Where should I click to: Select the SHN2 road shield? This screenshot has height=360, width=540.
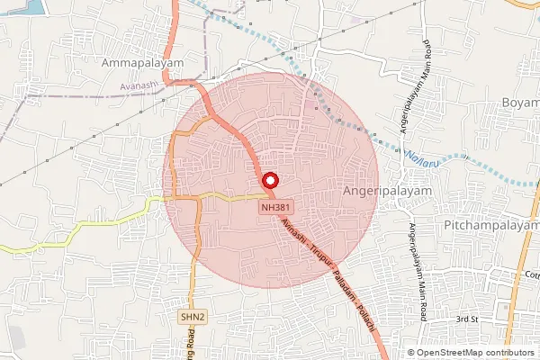click(191, 316)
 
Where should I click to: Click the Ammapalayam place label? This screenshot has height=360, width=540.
click(143, 66)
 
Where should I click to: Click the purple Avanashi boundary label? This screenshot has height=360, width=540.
click(138, 87)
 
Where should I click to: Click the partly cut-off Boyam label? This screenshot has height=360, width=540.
click(520, 102)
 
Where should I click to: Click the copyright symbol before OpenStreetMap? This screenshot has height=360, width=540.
click(411, 353)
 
